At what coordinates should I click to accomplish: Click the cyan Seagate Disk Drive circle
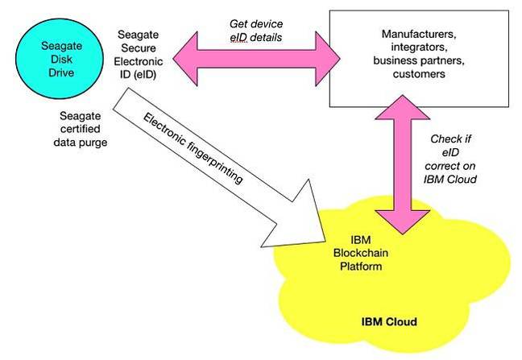pyautogui.click(x=60, y=59)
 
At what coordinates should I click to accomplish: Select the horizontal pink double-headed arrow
pyautogui.click(x=256, y=60)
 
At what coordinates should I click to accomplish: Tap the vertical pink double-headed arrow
pyautogui.click(x=403, y=164)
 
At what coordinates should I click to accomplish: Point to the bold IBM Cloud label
pyautogui.click(x=389, y=321)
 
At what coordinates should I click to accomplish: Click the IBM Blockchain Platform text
pyautogui.click(x=361, y=253)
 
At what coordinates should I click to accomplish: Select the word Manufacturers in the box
pyautogui.click(x=418, y=34)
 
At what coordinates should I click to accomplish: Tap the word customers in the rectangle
pyautogui.click(x=419, y=74)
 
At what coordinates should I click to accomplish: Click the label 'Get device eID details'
pyautogui.click(x=256, y=31)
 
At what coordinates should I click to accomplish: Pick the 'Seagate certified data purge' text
pyautogui.click(x=81, y=129)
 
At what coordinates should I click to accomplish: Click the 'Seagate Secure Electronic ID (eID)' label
pyautogui.click(x=139, y=55)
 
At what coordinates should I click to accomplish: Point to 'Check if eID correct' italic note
pyautogui.click(x=450, y=159)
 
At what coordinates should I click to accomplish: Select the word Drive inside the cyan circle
pyautogui.click(x=61, y=72)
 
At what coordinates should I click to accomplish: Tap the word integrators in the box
pyautogui.click(x=419, y=48)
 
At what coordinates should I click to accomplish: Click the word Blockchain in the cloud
pyautogui.click(x=361, y=253)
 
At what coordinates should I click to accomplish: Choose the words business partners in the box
pyautogui.click(x=418, y=60)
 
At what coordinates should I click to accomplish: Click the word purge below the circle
pyautogui.click(x=94, y=143)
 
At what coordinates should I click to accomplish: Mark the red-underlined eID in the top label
pyautogui.click(x=238, y=37)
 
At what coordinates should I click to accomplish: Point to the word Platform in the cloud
pyautogui.click(x=361, y=266)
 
